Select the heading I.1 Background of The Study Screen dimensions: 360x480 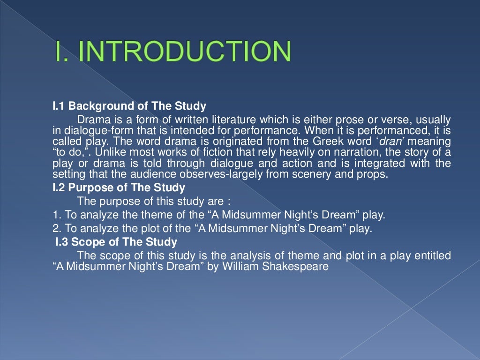tap(129, 106)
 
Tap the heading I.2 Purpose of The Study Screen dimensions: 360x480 tap(119, 188)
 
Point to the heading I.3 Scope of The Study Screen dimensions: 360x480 tap(116, 242)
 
